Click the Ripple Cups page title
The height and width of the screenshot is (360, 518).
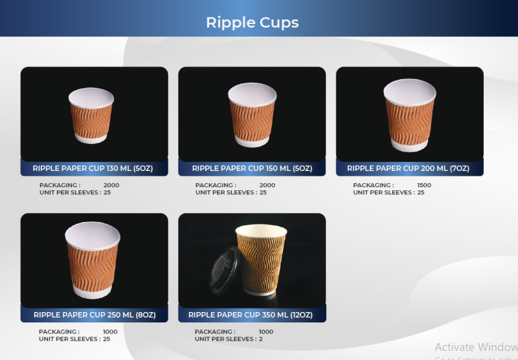pyautogui.click(x=253, y=23)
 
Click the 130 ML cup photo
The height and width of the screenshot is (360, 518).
pyautogui.click(x=91, y=115)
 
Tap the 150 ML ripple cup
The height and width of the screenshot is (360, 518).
pyautogui.click(x=253, y=115)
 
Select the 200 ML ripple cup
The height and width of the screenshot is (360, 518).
pyautogui.click(x=410, y=115)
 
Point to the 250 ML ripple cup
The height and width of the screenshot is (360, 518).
pyautogui.click(x=93, y=260)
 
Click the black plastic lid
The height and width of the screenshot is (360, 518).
pyautogui.click(x=225, y=271)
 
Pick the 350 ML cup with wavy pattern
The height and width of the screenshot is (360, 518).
pyautogui.click(x=262, y=260)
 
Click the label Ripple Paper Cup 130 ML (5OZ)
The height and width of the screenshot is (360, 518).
pyautogui.click(x=93, y=168)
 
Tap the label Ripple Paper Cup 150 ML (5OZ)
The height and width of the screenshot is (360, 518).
pyautogui.click(x=252, y=168)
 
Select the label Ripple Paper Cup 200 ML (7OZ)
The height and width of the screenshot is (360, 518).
pyautogui.click(x=409, y=168)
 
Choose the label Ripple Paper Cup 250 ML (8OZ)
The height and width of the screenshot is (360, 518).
pyautogui.click(x=95, y=315)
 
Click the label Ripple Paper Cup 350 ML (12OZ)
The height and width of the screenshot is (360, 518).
pyautogui.click(x=251, y=315)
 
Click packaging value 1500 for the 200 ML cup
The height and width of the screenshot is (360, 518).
pyautogui.click(x=424, y=185)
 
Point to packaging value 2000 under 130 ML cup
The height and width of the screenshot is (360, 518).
pyautogui.click(x=111, y=185)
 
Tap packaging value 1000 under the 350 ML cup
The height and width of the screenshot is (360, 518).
pyautogui.click(x=266, y=332)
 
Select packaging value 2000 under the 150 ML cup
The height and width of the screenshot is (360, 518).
pyautogui.click(x=267, y=185)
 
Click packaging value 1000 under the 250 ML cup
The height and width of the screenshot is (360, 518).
pyautogui.click(x=110, y=332)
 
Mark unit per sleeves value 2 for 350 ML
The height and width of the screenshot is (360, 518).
pyautogui.click(x=261, y=339)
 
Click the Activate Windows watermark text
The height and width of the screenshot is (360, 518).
pyautogui.click(x=477, y=347)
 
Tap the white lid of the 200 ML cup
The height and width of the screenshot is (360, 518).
pyautogui.click(x=410, y=92)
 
